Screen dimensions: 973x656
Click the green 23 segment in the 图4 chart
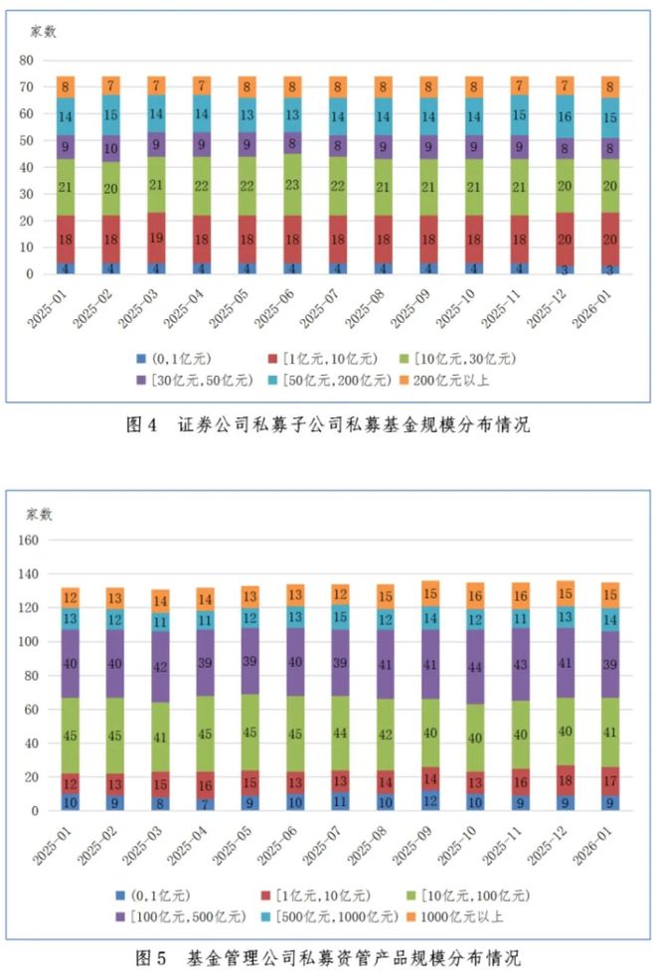pyautogui.click(x=293, y=185)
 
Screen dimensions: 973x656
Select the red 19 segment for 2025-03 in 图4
pyautogui.click(x=157, y=239)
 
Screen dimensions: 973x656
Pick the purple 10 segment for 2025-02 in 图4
pyautogui.click(x=111, y=148)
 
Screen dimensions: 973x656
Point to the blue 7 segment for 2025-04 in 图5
pyautogui.click(x=203, y=804)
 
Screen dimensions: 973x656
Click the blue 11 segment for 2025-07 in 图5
pyautogui.click(x=339, y=800)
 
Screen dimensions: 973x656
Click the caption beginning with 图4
pyautogui.click(x=328, y=425)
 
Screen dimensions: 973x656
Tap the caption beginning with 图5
pyautogui.click(x=328, y=958)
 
